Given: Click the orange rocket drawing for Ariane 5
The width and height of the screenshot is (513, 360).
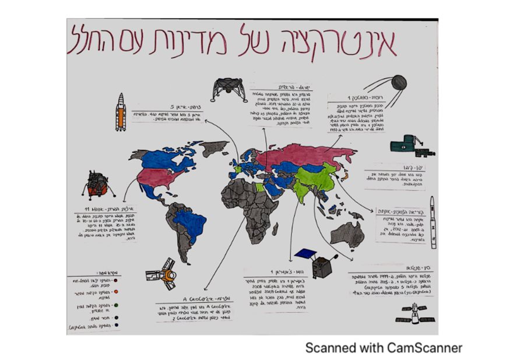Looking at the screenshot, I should [120, 112].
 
